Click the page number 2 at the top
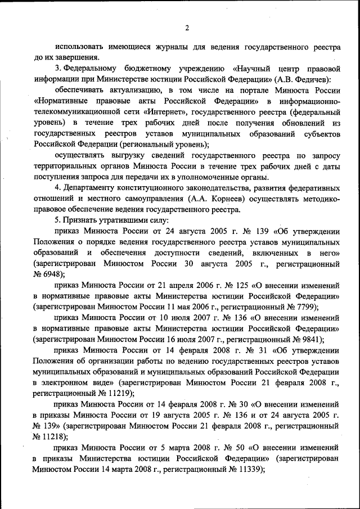tap(187, 28)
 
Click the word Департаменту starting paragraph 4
tap(96, 187)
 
